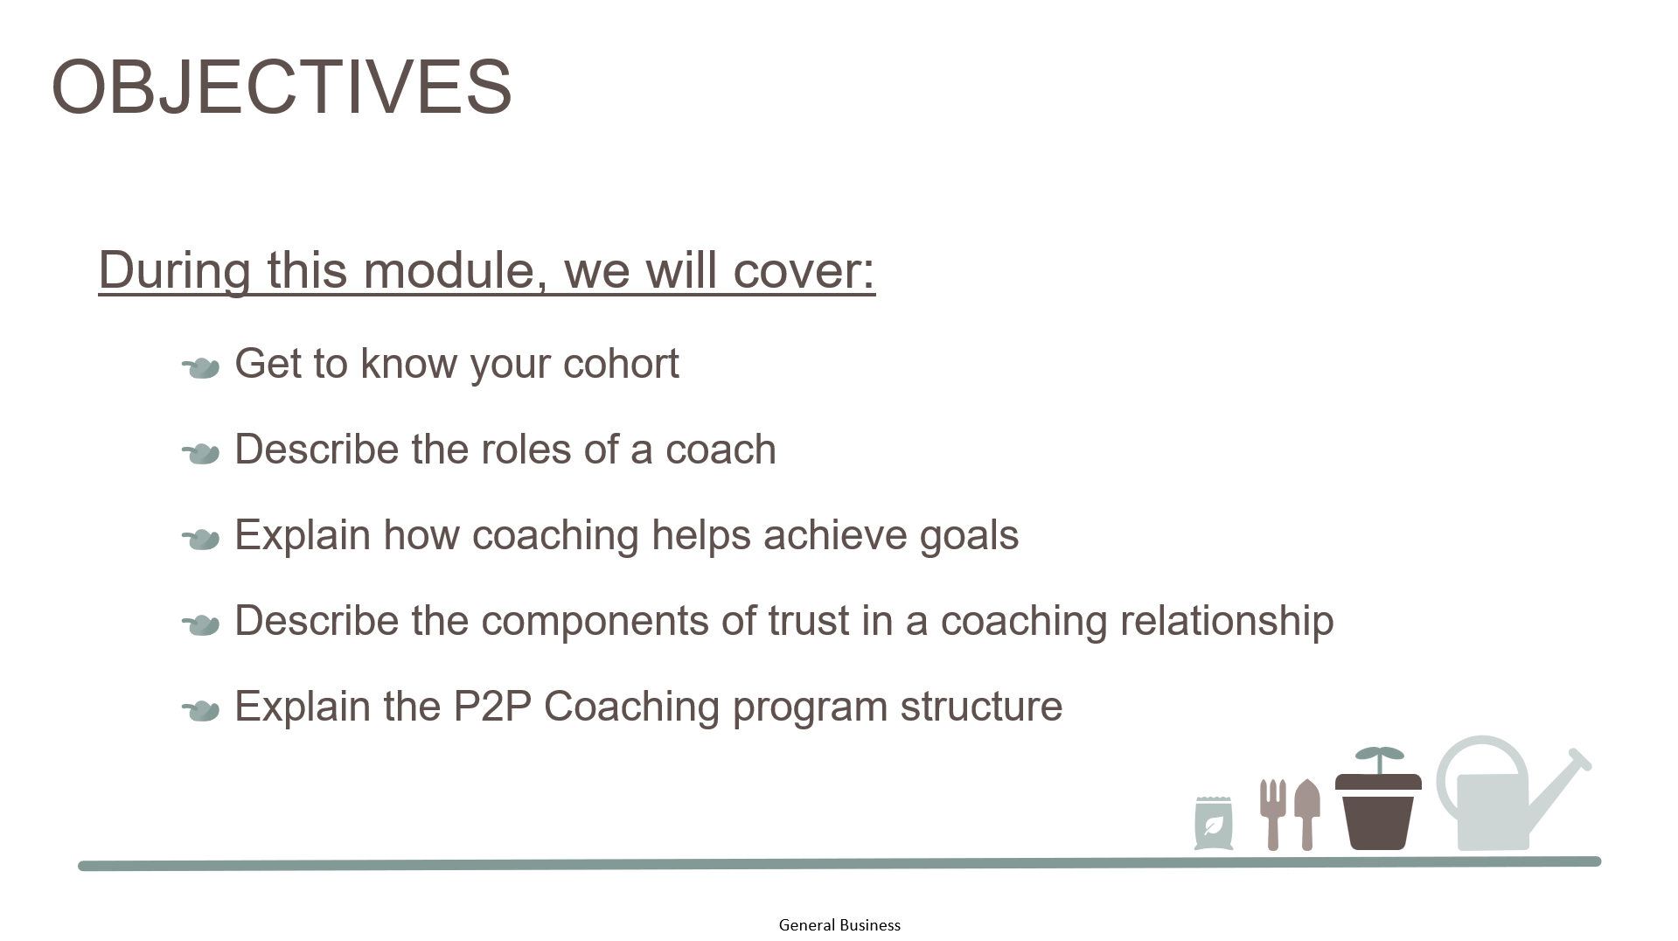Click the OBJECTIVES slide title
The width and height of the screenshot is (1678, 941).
[x=282, y=87]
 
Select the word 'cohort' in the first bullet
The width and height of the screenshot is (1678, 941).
[x=621, y=363]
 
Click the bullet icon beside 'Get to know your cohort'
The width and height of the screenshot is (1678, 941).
[x=200, y=368]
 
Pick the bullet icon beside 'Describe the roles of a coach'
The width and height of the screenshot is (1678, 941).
[x=200, y=454]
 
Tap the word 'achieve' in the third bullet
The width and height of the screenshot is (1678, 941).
[x=834, y=534]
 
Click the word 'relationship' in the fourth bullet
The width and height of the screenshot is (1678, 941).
[x=1227, y=622]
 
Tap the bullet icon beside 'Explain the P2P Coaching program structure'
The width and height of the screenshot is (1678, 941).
[x=200, y=711]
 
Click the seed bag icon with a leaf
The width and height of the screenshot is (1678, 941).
[x=1214, y=823]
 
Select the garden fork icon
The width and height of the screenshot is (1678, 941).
[x=1272, y=814]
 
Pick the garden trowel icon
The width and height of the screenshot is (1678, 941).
[x=1307, y=814]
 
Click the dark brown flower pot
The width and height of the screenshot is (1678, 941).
[x=1378, y=811]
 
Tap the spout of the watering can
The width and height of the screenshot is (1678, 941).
[x=1561, y=792]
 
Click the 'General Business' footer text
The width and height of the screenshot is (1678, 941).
[x=839, y=925]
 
